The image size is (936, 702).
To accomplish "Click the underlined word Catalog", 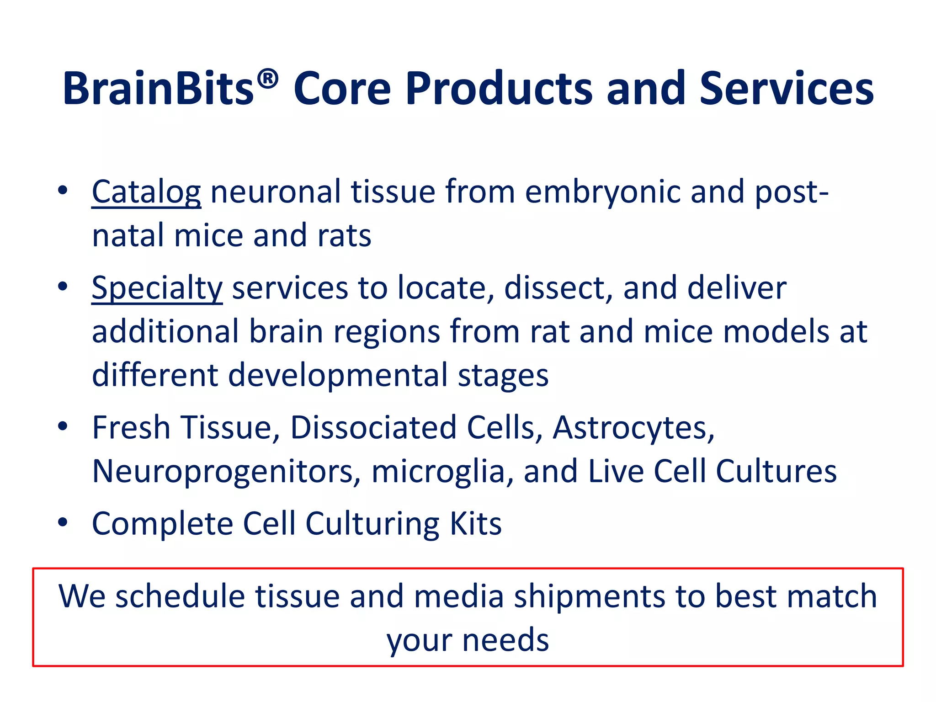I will point(146,192).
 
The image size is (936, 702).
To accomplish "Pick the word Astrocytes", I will point(633,428).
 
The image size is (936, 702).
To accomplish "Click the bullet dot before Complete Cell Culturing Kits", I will point(63,522).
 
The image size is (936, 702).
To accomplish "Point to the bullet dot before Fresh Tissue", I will point(63,426).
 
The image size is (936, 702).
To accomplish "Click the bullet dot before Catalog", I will point(63,190).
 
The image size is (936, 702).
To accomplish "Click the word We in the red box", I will point(82,596).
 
